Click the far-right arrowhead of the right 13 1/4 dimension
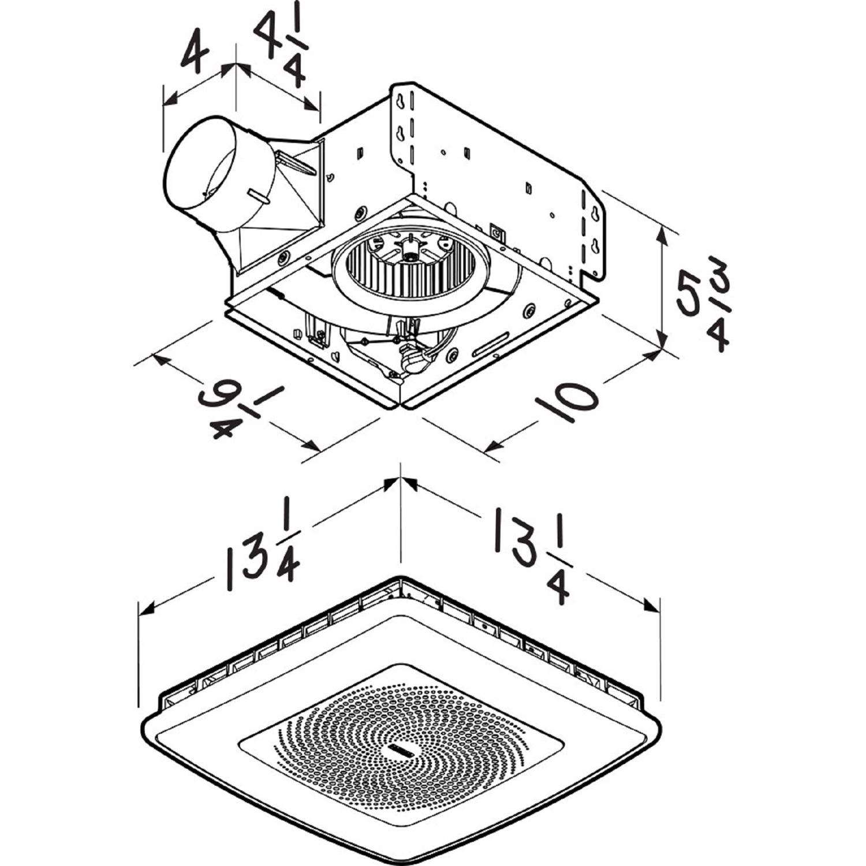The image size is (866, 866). tap(654, 606)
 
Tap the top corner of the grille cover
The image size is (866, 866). tap(400, 577)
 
